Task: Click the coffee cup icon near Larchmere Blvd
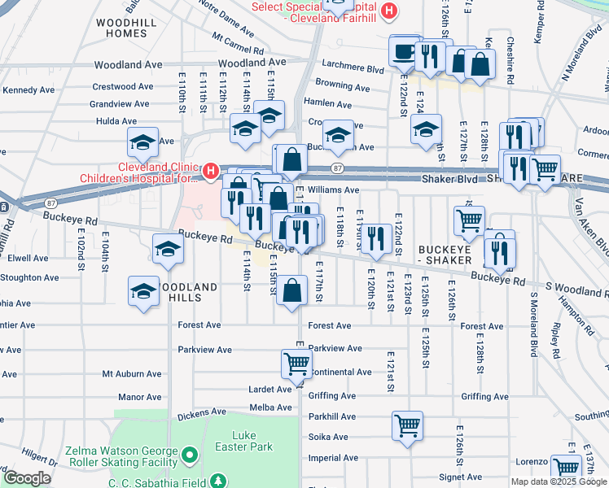pyautogui.click(x=404, y=51)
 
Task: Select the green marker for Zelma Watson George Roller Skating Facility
pyautogui.click(x=190, y=452)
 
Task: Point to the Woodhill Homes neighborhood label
pyautogui.click(x=120, y=27)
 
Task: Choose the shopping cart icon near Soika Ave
pyautogui.click(x=407, y=425)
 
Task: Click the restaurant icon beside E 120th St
pyautogui.click(x=375, y=237)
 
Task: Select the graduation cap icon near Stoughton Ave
pyautogui.click(x=143, y=291)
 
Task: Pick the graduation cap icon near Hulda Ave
pyautogui.click(x=142, y=142)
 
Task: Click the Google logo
pyautogui.click(x=27, y=478)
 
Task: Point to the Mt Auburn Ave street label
pyautogui.click(x=132, y=374)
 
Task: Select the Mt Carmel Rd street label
pyautogui.click(x=238, y=43)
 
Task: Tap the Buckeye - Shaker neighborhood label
pyautogui.click(x=445, y=253)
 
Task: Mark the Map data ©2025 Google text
pyautogui.click(x=558, y=481)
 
